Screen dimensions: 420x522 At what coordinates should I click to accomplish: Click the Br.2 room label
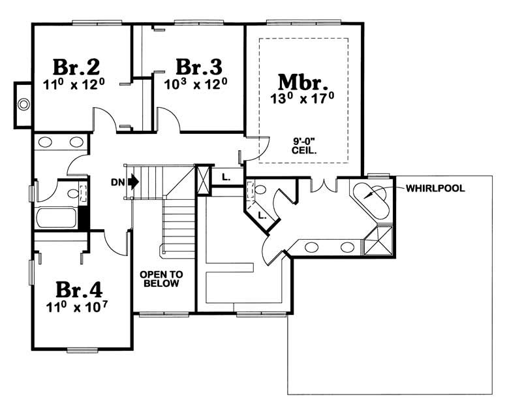coord(76,67)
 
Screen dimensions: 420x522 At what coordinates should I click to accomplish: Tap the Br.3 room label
coord(199,67)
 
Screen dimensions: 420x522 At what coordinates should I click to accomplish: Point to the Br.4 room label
coord(78,289)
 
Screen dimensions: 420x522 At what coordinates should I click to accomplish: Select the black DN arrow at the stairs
coord(134,180)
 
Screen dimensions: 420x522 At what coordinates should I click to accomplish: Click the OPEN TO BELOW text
coord(161,280)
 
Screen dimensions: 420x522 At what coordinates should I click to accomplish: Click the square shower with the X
coord(380,240)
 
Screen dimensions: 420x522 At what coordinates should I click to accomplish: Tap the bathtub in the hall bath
coord(56,217)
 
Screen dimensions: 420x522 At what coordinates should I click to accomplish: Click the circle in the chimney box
coord(23,104)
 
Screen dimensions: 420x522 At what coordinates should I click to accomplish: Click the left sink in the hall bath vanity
coord(46,142)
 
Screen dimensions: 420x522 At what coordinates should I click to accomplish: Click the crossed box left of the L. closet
coord(204,179)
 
